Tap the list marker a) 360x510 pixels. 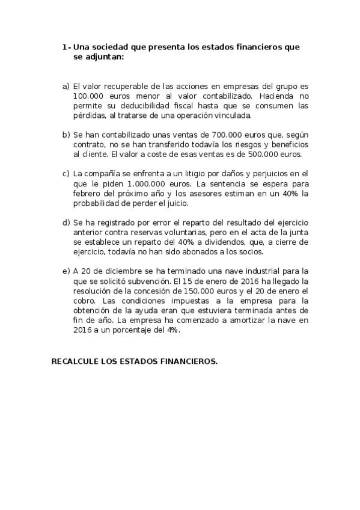click(x=66, y=86)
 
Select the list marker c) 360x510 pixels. click(x=66, y=174)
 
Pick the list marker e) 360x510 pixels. click(x=66, y=271)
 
